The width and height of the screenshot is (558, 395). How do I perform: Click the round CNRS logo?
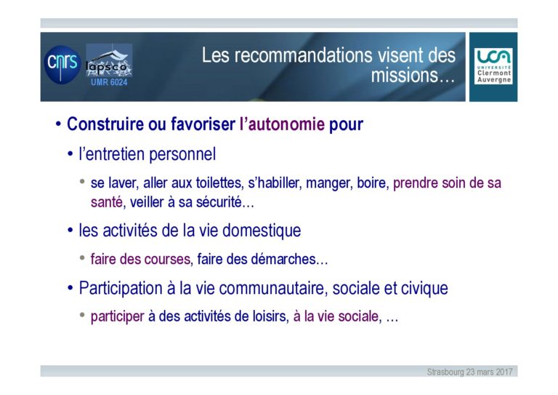point(62,65)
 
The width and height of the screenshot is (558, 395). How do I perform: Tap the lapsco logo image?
point(109,60)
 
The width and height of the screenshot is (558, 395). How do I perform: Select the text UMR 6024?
point(109,82)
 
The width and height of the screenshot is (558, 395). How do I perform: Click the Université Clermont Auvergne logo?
point(493,66)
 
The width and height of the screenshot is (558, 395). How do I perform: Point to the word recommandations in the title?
point(303,55)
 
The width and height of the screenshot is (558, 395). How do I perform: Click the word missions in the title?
point(404,75)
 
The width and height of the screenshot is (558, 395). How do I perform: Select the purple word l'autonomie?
point(282,124)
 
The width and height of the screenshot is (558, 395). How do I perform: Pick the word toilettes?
point(219,183)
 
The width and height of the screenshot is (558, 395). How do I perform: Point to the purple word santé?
point(107,202)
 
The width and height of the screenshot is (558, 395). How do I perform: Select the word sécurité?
point(219,202)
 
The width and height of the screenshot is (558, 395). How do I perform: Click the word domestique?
point(262,231)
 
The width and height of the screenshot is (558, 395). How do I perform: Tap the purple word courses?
point(167,259)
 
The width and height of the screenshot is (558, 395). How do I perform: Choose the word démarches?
point(283,259)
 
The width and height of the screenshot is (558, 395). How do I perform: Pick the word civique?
point(424,289)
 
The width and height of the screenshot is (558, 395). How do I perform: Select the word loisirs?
point(270,316)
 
